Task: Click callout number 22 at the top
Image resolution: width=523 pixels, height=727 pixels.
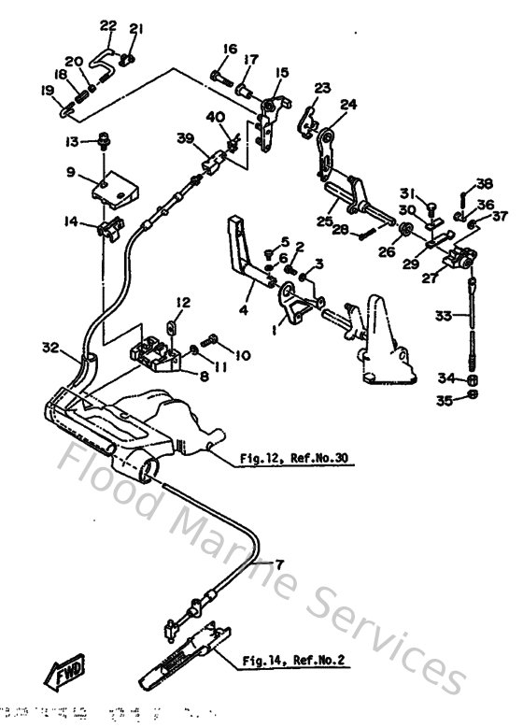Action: point(108,24)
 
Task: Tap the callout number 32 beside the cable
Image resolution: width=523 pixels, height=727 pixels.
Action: point(51,348)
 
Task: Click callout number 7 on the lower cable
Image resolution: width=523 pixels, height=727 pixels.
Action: point(277,563)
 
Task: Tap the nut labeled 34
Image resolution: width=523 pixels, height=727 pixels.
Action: point(473,381)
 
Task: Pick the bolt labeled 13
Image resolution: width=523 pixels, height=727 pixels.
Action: point(105,141)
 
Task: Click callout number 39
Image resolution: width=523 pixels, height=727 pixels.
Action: point(185,138)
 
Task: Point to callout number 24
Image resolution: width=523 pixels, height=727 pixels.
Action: point(347,106)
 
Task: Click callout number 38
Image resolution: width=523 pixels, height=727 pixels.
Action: point(484,183)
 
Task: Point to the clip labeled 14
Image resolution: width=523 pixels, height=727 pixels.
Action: point(112,225)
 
